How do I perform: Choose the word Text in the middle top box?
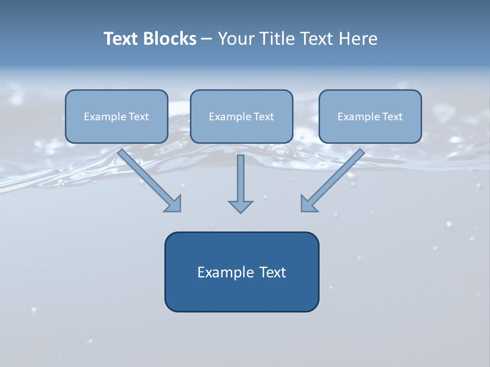264,117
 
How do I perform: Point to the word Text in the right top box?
393,117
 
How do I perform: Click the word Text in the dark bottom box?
272,272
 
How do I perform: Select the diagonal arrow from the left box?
145,176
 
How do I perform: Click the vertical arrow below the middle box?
240,178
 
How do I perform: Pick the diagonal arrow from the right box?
337,176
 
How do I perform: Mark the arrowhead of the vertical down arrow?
240,206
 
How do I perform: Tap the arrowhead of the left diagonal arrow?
174,204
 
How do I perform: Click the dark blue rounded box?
241,296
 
